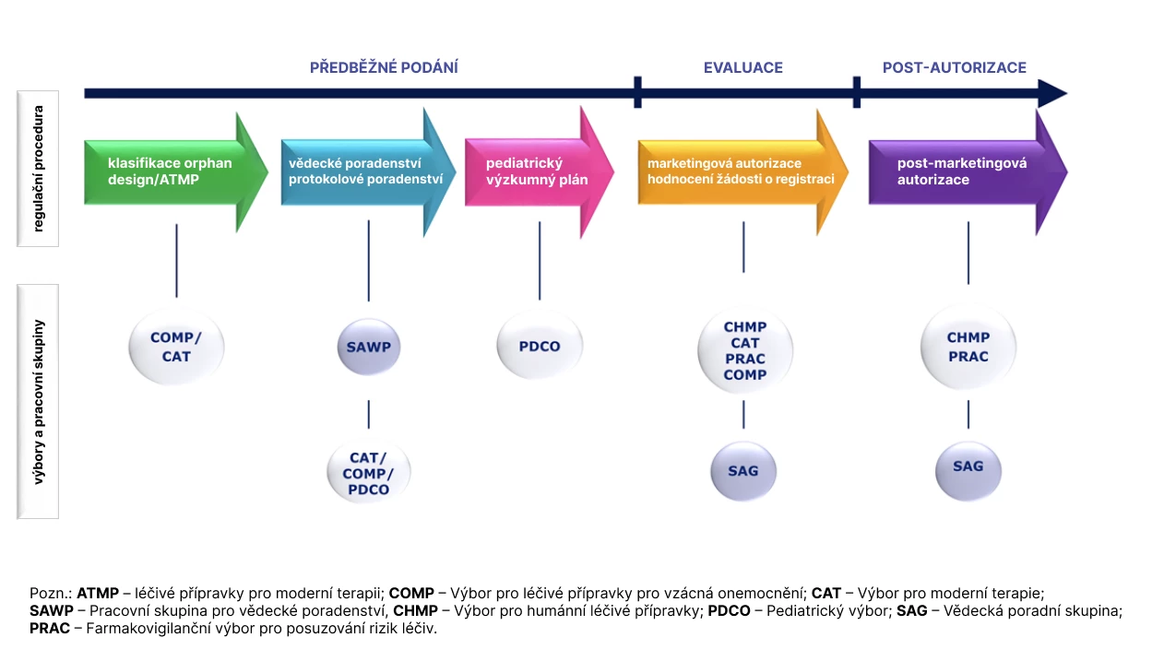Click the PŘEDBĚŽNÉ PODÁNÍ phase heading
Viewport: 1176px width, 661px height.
click(x=384, y=67)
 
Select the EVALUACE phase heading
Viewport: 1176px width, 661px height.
click(x=742, y=67)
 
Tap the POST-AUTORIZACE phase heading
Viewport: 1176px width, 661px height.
click(x=954, y=67)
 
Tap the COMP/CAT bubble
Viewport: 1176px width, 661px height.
click(x=175, y=348)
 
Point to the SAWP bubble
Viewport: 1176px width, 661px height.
click(x=369, y=348)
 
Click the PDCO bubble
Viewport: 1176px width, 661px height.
click(x=540, y=347)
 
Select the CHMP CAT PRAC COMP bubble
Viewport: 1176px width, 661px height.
click(x=744, y=351)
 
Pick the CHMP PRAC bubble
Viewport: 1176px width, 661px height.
click(x=968, y=348)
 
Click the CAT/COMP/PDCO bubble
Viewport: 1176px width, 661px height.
click(x=369, y=473)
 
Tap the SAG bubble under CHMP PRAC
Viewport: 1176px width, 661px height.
click(x=968, y=467)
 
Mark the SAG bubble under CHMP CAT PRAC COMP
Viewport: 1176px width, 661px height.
click(x=743, y=471)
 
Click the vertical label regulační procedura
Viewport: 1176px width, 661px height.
click(x=38, y=168)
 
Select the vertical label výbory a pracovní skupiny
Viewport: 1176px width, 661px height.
click(x=38, y=401)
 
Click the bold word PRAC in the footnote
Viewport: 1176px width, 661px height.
click(x=49, y=629)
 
